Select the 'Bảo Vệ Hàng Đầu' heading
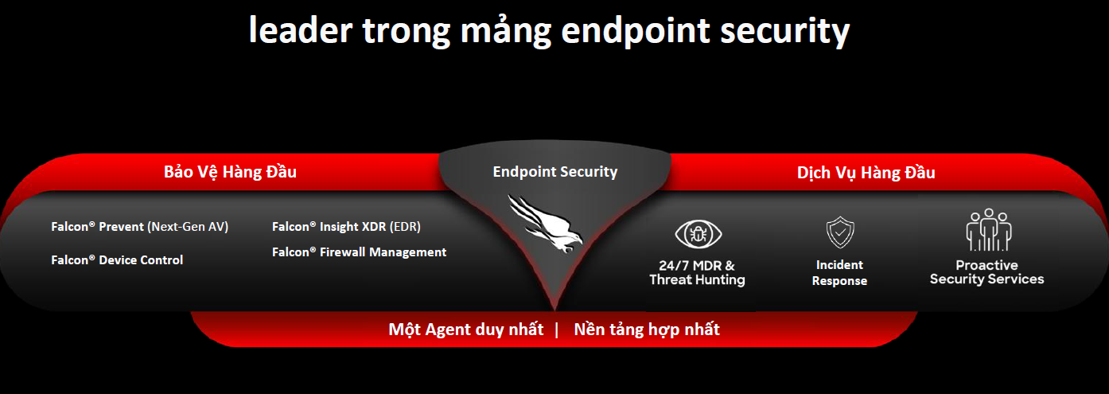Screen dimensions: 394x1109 pyautogui.click(x=230, y=172)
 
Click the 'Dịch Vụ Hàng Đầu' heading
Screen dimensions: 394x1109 pyautogui.click(x=866, y=173)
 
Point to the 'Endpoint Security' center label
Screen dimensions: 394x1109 pyautogui.click(x=554, y=171)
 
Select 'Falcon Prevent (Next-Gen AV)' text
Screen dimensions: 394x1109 pyautogui.click(x=139, y=227)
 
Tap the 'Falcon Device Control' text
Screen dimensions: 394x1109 pyautogui.click(x=117, y=260)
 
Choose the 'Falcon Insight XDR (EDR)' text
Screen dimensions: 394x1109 pyautogui.click(x=346, y=227)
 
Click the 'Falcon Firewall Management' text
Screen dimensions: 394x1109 pyautogui.click(x=359, y=252)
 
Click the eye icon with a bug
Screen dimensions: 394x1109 pyautogui.click(x=698, y=234)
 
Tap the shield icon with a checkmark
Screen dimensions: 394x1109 pyautogui.click(x=839, y=233)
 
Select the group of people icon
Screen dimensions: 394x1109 pyautogui.click(x=987, y=230)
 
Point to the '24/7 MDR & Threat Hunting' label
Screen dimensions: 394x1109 pyautogui.click(x=697, y=272)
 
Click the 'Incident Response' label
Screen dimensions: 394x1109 pyautogui.click(x=839, y=272)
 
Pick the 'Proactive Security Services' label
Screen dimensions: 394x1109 pyautogui.click(x=986, y=272)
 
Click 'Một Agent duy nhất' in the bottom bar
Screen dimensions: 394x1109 pyautogui.click(x=465, y=330)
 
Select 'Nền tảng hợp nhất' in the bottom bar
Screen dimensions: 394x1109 pyautogui.click(x=646, y=330)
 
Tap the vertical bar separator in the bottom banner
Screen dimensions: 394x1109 pyautogui.click(x=557, y=330)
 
